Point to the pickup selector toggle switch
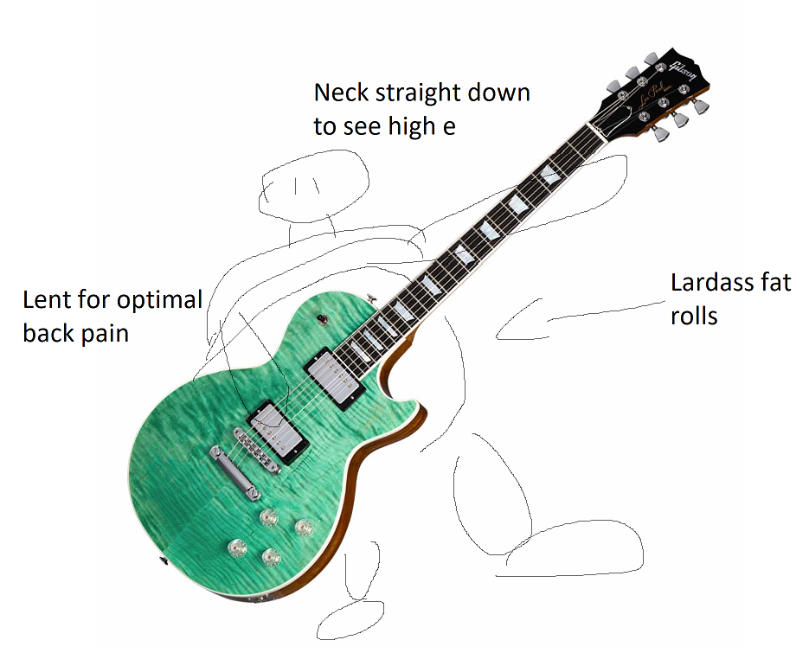coord(322,317)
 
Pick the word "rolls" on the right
coord(694,316)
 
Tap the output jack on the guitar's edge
coord(164,563)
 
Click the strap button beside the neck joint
coord(374,296)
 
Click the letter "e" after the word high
coord(448,127)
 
